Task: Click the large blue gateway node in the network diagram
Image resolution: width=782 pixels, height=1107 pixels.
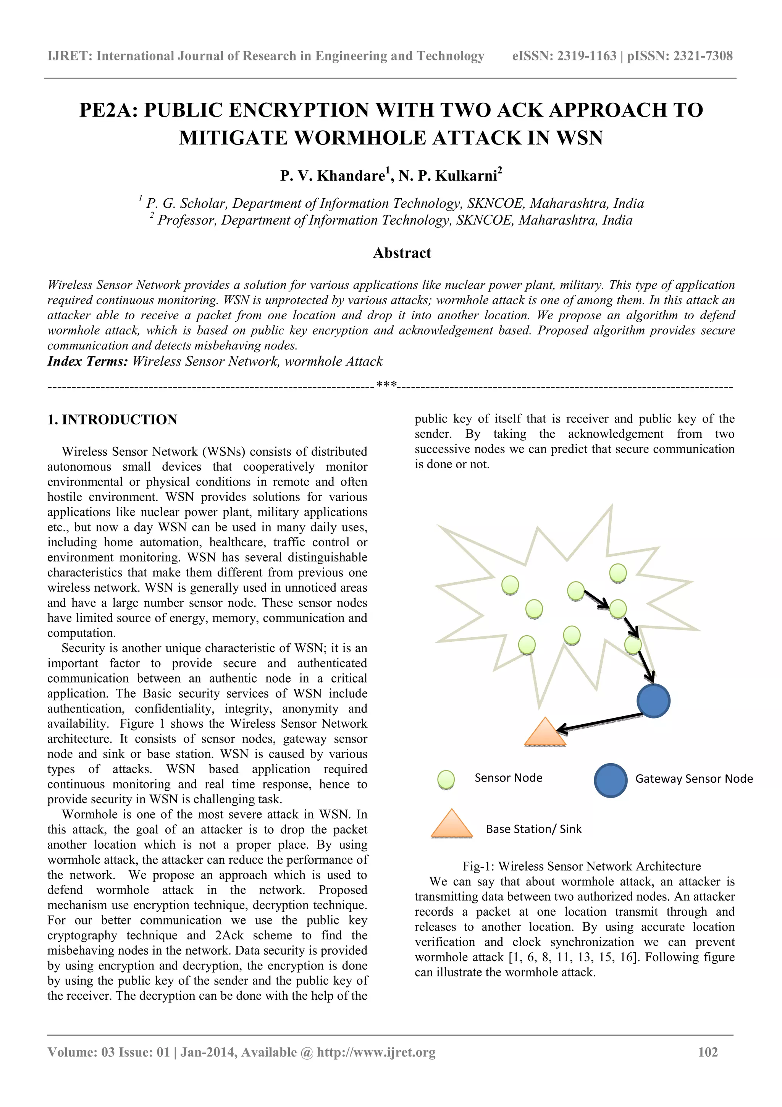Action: click(653, 701)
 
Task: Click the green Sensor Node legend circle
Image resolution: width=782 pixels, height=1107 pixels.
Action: click(446, 779)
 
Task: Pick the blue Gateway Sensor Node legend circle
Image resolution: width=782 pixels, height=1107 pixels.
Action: click(611, 780)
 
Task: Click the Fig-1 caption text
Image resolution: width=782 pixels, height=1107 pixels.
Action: click(581, 866)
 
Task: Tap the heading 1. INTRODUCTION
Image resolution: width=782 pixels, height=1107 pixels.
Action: click(112, 419)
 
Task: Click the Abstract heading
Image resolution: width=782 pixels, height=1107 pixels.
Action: click(402, 253)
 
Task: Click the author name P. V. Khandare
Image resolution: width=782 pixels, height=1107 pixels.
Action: click(333, 175)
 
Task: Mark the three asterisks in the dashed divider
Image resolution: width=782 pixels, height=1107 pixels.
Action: click(386, 385)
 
